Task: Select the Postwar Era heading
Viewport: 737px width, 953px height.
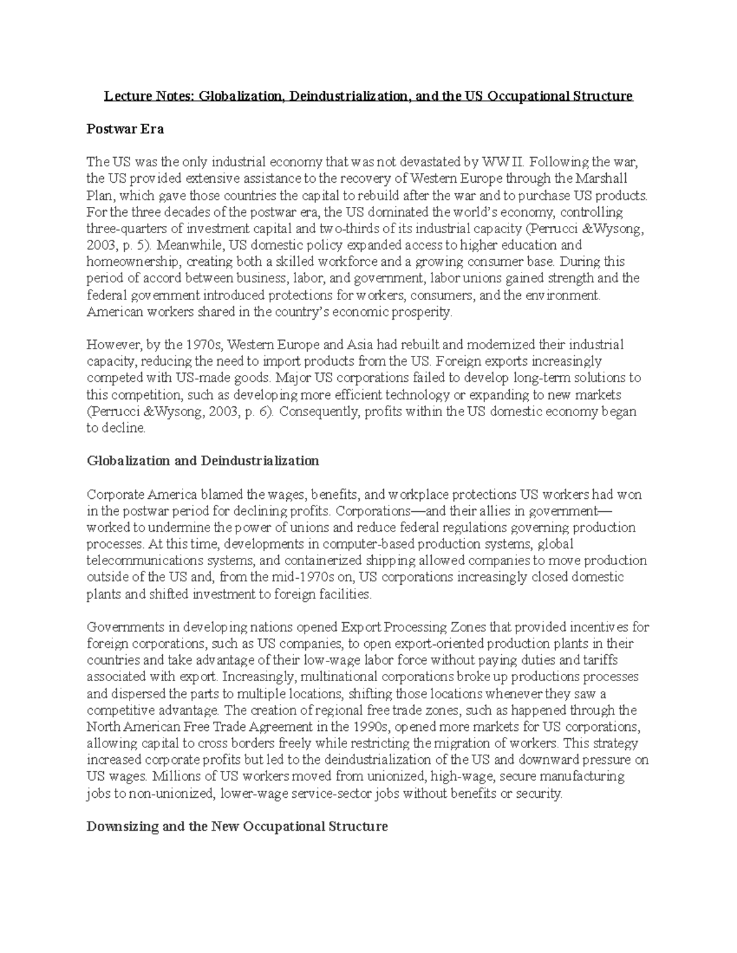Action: click(x=125, y=129)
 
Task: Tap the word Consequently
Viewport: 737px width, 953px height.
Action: click(x=319, y=411)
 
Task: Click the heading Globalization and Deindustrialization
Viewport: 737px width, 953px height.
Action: click(x=203, y=461)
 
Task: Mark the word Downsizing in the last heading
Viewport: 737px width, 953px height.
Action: click(x=121, y=826)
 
